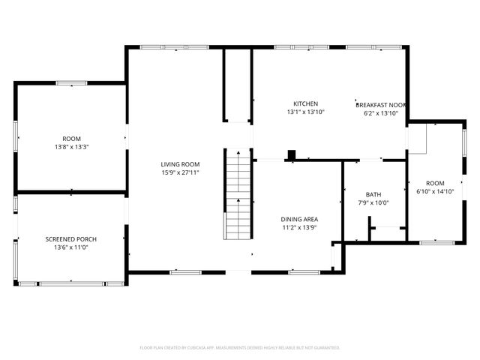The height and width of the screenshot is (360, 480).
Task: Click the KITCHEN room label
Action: [305, 103]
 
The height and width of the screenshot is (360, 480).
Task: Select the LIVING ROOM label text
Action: [180, 164]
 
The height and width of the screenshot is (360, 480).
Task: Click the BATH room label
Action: [373, 194]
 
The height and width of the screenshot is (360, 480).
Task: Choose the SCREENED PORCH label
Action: [71, 239]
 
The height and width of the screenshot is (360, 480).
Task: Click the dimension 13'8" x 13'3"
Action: [71, 147]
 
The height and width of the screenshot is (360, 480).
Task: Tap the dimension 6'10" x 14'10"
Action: [435, 191]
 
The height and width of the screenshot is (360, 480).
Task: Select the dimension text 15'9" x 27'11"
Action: [180, 172]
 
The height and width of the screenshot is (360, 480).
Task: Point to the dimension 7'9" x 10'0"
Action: [373, 202]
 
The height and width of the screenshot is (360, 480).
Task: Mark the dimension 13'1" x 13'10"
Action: [305, 112]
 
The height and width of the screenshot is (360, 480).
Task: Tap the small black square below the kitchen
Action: [292, 155]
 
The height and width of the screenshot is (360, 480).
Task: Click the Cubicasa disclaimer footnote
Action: [240, 348]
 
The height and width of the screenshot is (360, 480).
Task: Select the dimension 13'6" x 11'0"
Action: [71, 247]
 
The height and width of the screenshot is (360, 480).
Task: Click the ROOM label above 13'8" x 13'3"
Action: [71, 139]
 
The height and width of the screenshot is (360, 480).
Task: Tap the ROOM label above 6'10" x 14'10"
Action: [435, 183]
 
